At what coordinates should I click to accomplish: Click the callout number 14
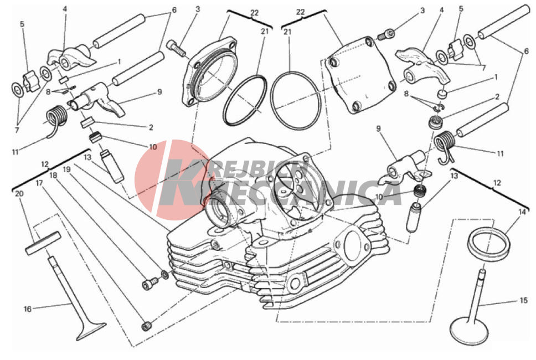[x=522, y=212]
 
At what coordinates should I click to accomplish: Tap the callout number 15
[x=523, y=301]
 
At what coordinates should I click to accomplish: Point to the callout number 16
[x=27, y=309]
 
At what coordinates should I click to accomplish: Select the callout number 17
[x=39, y=183]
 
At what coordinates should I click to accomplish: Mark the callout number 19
[x=66, y=169]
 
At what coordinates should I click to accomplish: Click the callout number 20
[x=19, y=194]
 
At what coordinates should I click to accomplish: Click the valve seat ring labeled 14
[x=489, y=244]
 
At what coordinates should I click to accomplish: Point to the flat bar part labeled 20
[x=43, y=243]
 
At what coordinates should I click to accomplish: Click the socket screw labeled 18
[x=150, y=283]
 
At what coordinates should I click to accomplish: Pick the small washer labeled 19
[x=164, y=274]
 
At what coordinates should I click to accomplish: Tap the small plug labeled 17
[x=146, y=326]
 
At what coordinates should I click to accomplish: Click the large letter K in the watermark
[x=184, y=182]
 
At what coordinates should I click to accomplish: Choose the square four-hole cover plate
[x=360, y=75]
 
